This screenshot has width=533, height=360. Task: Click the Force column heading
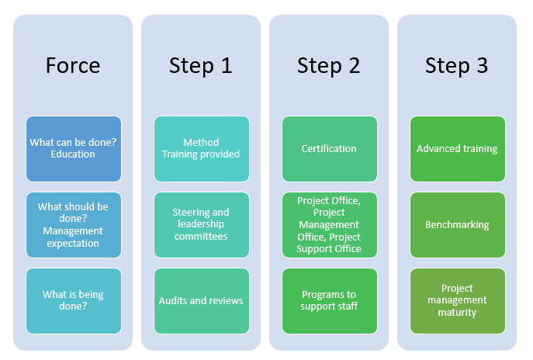tap(73, 65)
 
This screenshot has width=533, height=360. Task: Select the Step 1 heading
tap(201, 66)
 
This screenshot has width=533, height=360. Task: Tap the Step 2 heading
tap(328, 66)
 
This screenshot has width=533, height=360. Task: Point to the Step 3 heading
tap(456, 66)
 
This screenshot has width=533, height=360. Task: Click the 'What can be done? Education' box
tap(74, 149)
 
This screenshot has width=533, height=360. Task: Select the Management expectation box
tap(74, 225)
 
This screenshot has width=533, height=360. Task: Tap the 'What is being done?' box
tap(74, 301)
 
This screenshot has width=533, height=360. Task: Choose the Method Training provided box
tap(202, 149)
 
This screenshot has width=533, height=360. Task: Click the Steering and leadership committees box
tap(202, 225)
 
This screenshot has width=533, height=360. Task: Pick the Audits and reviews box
tap(202, 301)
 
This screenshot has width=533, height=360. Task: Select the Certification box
tap(330, 149)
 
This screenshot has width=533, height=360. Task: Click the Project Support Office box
tap(330, 225)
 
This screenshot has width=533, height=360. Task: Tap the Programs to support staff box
tap(330, 301)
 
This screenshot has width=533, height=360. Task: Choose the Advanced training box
tap(458, 149)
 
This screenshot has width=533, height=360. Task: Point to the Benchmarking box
tap(458, 225)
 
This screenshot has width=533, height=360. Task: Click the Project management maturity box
tap(458, 301)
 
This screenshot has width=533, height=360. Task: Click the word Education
tap(73, 154)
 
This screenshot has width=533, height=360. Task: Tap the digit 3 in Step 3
tap(482, 65)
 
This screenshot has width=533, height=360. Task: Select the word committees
tap(201, 237)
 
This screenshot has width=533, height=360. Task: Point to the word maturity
tap(457, 313)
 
